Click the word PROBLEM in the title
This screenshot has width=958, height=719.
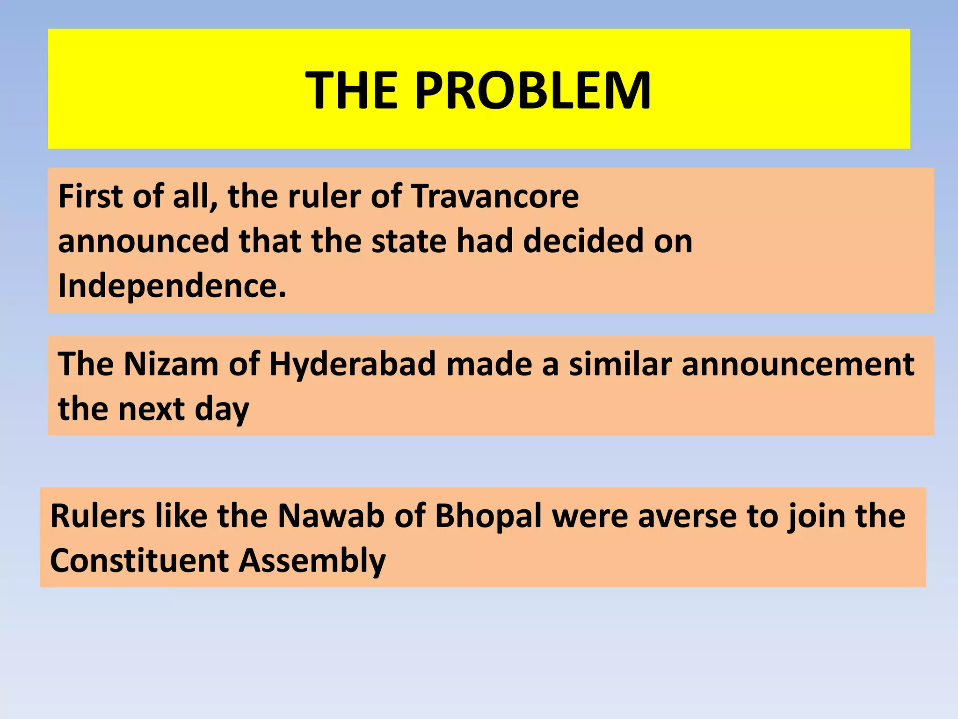[x=533, y=91]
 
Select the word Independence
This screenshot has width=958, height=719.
[x=172, y=286]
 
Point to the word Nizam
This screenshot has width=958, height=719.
[x=171, y=364]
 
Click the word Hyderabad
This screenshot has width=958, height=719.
[x=353, y=364]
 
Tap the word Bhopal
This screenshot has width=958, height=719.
[x=488, y=517]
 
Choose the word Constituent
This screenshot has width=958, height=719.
[x=139, y=561]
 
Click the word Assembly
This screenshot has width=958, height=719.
[x=312, y=561]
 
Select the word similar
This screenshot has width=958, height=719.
[x=620, y=364]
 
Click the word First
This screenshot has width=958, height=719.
[x=90, y=196]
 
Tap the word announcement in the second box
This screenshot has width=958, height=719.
[x=798, y=364]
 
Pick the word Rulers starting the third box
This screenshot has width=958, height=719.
[x=97, y=516]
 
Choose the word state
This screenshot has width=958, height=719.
[x=409, y=241]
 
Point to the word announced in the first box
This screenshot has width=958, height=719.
[x=143, y=241]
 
